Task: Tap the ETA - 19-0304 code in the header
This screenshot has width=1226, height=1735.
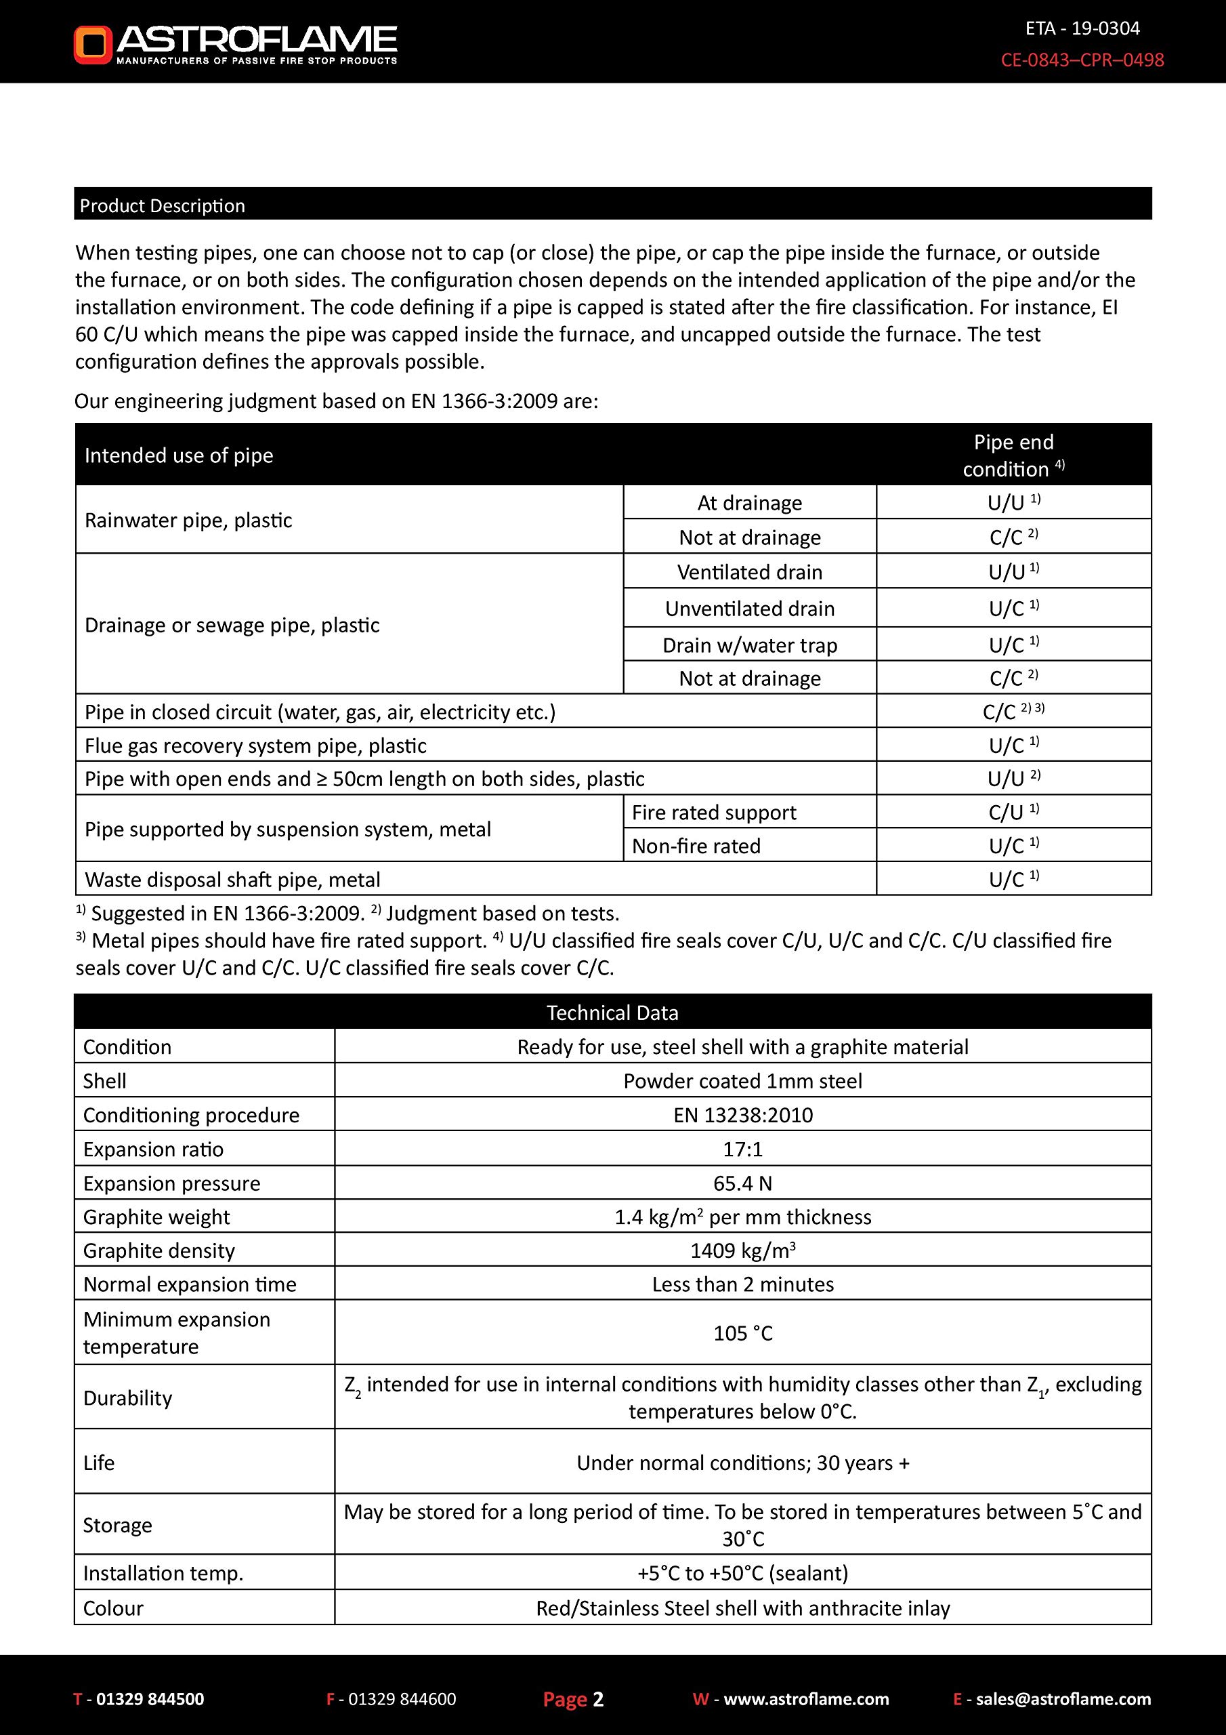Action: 1082,28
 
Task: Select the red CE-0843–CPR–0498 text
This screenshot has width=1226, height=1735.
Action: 1082,60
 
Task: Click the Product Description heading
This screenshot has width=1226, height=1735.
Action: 163,205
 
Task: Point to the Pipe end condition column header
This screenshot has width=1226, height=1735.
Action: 1013,455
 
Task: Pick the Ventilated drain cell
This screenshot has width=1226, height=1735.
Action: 749,572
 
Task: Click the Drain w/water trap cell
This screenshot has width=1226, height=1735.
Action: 749,645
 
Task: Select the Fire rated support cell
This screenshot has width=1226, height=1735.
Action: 714,813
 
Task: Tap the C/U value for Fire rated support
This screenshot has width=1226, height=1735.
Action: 1013,813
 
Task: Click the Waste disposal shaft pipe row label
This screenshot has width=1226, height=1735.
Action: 232,880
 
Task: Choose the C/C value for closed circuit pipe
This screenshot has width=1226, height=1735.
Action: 1013,712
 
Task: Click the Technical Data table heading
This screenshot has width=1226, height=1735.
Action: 612,1013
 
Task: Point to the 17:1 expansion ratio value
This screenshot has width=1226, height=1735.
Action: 742,1149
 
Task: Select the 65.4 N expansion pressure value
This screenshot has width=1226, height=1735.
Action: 742,1183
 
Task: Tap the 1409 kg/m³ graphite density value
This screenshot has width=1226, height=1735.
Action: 742,1250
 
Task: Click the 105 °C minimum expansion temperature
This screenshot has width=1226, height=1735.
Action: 742,1333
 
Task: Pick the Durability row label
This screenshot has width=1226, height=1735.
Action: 127,1398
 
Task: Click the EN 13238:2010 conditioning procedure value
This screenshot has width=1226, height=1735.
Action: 742,1116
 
